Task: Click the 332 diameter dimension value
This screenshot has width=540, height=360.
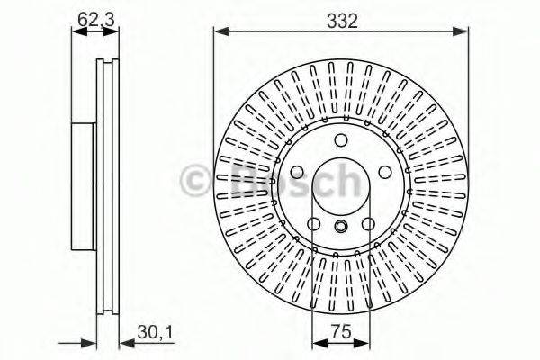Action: click(x=341, y=19)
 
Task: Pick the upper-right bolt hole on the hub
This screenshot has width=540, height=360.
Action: click(x=382, y=171)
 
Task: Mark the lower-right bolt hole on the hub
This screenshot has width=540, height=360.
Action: click(x=366, y=225)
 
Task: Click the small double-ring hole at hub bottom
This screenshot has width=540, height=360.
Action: click(x=341, y=227)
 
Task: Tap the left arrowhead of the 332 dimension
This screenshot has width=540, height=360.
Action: click(x=219, y=33)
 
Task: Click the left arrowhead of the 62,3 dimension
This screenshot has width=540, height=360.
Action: click(x=76, y=31)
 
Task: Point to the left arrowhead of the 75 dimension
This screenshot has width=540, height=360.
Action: click(x=315, y=342)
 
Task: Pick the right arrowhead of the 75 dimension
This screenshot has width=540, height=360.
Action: click(x=366, y=342)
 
